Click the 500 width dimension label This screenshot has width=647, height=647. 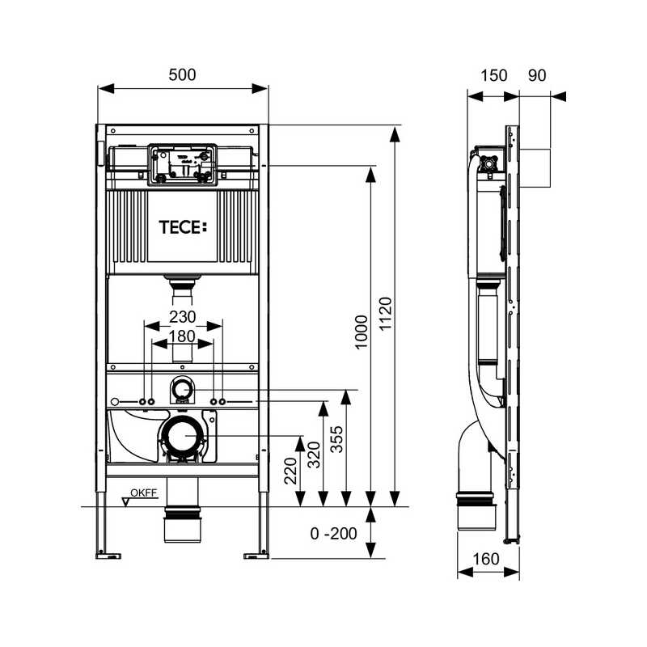[182, 74]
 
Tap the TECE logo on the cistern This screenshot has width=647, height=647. [183, 227]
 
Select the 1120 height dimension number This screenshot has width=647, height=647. [386, 314]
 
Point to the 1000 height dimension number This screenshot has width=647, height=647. [362, 332]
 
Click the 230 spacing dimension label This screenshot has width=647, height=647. [182, 317]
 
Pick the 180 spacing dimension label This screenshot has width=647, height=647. [182, 336]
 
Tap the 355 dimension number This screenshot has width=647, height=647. [336, 439]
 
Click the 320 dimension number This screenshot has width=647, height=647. [315, 455]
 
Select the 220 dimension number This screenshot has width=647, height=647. [291, 471]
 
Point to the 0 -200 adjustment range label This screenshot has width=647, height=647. [333, 534]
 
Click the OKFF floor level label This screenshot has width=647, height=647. [144, 493]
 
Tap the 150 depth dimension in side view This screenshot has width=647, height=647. [494, 75]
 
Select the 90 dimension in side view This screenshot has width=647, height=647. [537, 75]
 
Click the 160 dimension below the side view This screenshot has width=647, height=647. [486, 559]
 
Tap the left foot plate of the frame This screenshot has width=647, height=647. [108, 556]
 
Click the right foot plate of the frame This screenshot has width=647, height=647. [256, 556]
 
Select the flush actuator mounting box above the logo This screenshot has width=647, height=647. [183, 164]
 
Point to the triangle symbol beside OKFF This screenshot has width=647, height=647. [126, 501]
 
